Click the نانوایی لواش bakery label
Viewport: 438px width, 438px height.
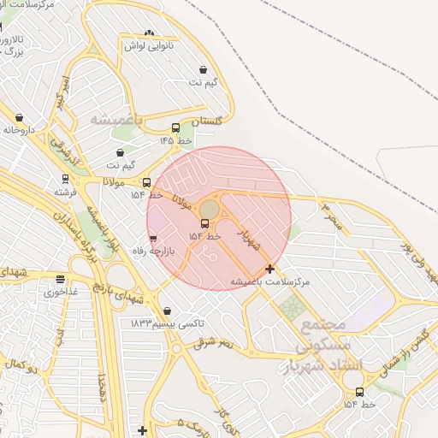point(151,45)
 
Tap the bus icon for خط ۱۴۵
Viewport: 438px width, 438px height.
point(175,128)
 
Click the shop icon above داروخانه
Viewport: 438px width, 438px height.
point(20,118)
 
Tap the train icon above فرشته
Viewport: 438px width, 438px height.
point(63,180)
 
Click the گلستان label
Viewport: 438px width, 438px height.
point(206,121)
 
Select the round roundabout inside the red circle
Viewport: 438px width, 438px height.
point(210,210)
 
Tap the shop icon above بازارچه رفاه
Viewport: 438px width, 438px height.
point(153,239)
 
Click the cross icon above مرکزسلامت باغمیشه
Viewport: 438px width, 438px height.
point(270,269)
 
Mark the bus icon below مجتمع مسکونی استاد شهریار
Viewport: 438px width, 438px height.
point(359,394)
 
